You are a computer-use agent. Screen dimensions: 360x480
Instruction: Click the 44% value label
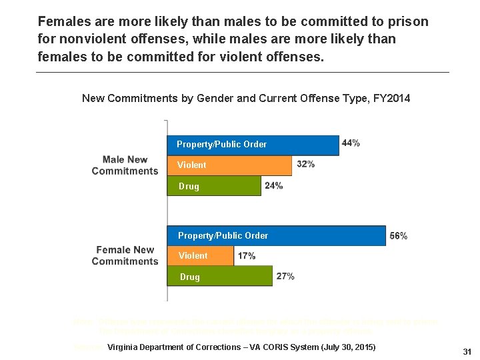tap(351, 143)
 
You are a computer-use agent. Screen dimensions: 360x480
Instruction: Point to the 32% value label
tap(305, 164)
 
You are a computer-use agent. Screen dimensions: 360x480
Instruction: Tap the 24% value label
tap(273, 185)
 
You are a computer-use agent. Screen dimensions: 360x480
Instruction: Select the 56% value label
tap(399, 236)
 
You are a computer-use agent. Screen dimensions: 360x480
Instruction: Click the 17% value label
tap(246, 256)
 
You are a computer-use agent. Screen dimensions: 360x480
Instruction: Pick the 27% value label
tap(285, 276)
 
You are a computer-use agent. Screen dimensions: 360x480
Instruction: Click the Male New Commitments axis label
tap(125, 165)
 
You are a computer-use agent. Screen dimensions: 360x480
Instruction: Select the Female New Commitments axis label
tap(125, 255)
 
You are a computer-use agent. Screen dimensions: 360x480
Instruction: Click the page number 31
tap(467, 351)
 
